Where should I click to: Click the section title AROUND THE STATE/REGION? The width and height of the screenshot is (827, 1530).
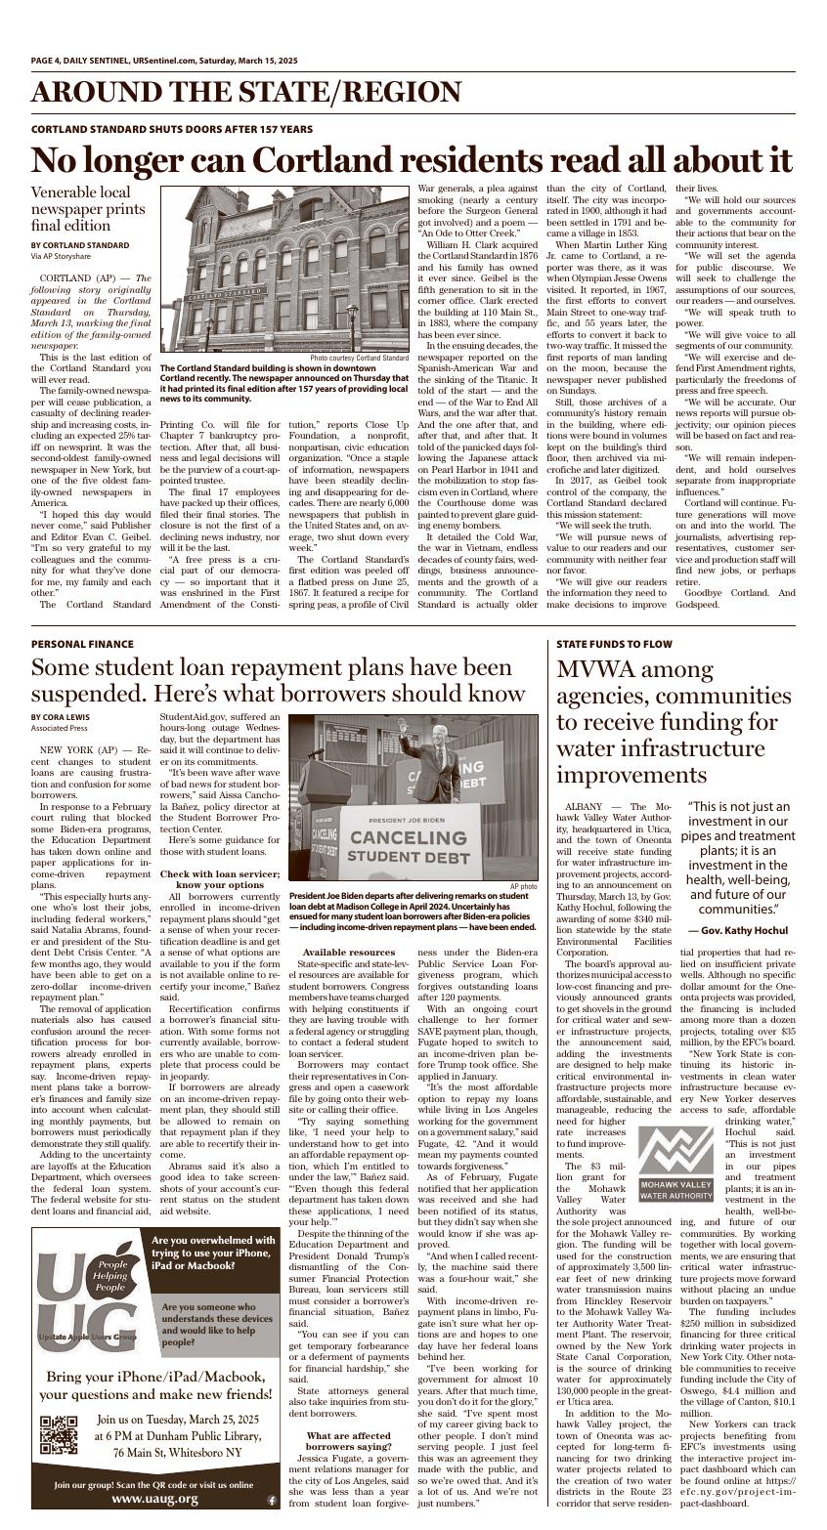(245, 93)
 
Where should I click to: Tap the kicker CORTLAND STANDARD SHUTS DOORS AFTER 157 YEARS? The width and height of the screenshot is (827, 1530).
(172, 129)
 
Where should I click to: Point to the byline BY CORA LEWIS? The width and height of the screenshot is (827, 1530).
(60, 716)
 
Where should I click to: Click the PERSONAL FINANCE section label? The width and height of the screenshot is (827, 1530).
(81, 644)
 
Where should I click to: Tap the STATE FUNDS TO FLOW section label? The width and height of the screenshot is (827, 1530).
(614, 644)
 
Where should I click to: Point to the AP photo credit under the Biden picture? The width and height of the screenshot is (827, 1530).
(523, 886)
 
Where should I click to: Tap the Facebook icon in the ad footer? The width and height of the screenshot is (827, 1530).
(271, 1500)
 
